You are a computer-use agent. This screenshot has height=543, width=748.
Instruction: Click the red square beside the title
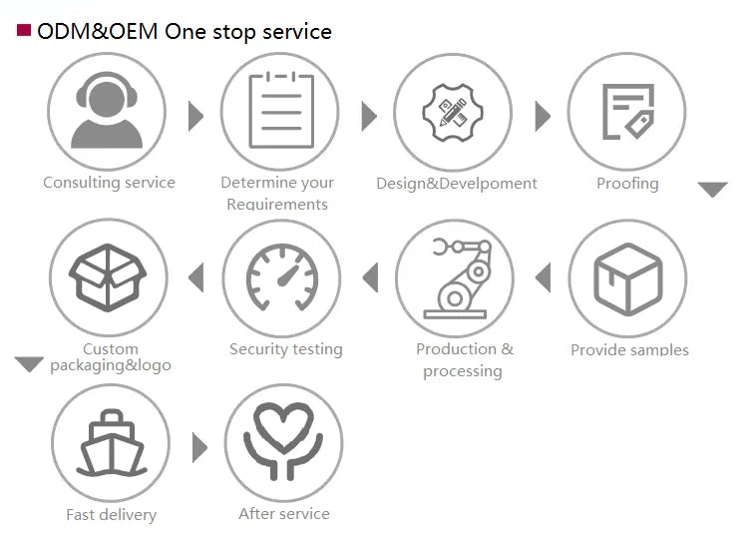[24, 30]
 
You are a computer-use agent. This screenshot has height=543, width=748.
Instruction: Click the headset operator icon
[107, 111]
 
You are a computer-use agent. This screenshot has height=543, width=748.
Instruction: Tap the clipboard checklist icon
[281, 111]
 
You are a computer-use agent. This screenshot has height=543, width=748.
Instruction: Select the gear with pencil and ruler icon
[453, 113]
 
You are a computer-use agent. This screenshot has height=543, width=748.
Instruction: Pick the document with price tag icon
[628, 112]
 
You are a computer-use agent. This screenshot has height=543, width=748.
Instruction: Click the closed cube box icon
[628, 278]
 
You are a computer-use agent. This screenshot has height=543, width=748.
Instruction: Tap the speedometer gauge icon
[282, 277]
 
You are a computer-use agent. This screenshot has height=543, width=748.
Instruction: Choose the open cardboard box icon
[108, 277]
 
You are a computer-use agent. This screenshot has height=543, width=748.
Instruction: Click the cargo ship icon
[112, 443]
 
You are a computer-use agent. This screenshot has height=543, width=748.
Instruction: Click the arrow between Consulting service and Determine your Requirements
[195, 116]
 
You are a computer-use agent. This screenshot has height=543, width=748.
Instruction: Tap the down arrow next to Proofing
[713, 189]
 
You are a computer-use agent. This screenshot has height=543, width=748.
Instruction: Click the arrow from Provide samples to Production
[544, 277]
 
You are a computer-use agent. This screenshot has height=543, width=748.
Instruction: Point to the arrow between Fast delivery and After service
[199, 447]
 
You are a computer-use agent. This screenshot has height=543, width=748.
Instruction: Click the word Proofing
[627, 184]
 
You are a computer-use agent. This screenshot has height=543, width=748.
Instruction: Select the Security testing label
[286, 349]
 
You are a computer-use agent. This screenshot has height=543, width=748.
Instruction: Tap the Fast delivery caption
[111, 515]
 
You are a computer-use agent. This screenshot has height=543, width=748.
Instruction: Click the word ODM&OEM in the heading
[98, 32]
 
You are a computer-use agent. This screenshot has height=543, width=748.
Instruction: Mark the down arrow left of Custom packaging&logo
[29, 364]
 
